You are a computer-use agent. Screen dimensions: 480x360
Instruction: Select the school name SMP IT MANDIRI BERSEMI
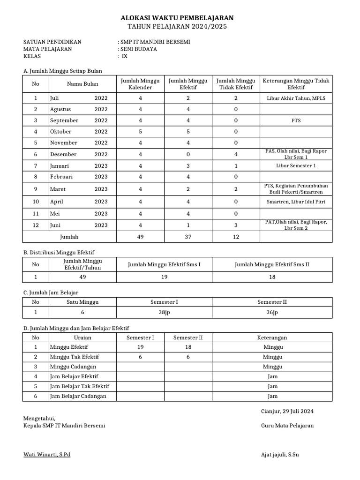click(155, 42)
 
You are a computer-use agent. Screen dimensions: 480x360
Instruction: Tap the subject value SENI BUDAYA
click(139, 49)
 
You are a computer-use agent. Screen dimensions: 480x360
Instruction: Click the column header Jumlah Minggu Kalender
click(140, 84)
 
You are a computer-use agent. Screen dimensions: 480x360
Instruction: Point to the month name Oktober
click(61, 132)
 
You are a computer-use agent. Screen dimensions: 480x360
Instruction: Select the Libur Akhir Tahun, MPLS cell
click(296, 98)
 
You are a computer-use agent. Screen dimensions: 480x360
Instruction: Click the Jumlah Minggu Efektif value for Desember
click(188, 154)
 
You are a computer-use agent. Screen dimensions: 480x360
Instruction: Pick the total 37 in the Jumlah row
click(188, 237)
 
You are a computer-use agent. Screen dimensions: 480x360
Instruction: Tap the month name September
click(64, 120)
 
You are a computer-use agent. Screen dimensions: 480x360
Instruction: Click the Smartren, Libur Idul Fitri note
click(296, 202)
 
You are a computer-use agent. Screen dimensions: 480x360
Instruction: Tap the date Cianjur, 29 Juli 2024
click(287, 412)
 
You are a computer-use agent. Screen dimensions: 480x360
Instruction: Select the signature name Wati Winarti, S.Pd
click(47, 455)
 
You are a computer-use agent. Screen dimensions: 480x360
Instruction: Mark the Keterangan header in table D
click(272, 337)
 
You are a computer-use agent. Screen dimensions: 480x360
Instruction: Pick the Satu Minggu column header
click(82, 302)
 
